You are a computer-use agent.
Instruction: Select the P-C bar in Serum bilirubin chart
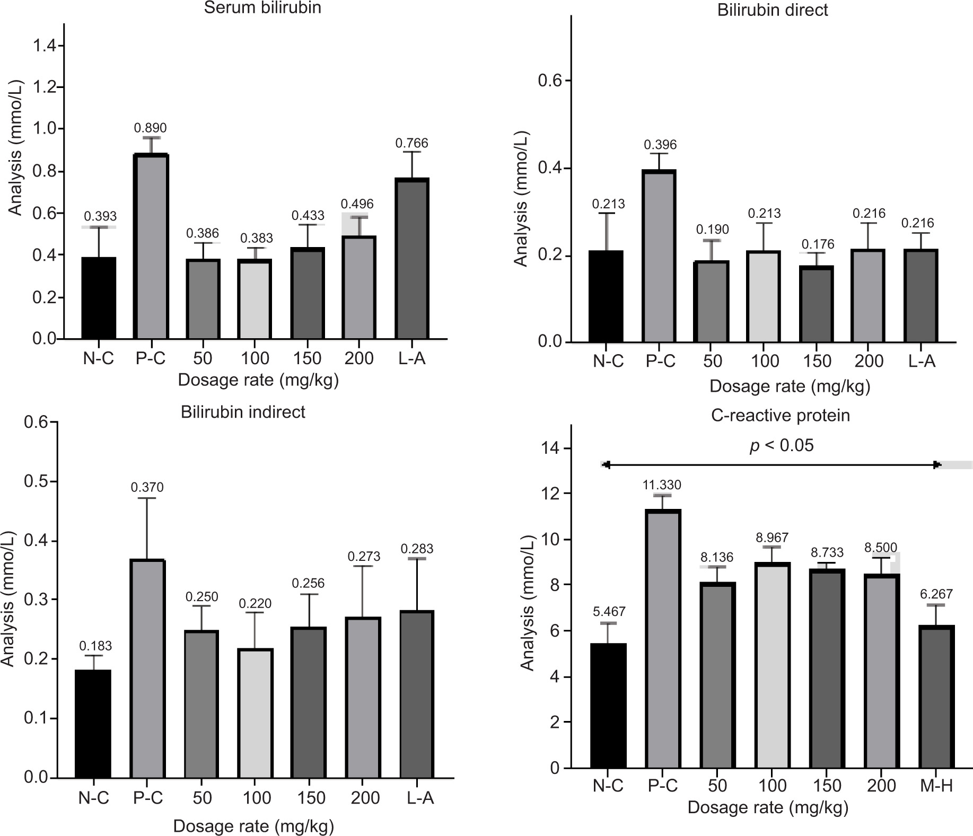[x=151, y=247]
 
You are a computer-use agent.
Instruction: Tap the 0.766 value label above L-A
[x=411, y=143]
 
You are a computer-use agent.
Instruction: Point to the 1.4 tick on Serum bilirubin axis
[x=44, y=46]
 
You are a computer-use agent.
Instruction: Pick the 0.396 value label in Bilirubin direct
[x=660, y=145]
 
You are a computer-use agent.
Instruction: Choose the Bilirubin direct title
[x=773, y=10]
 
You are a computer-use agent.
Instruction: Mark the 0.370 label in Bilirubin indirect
[x=147, y=487]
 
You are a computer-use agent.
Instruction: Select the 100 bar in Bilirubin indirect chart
[x=255, y=713]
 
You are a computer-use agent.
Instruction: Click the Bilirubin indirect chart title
[x=243, y=412]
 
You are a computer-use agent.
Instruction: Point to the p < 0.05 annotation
[x=781, y=446]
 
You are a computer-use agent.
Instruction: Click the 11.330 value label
[x=662, y=485]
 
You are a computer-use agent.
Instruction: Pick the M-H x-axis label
[x=936, y=785]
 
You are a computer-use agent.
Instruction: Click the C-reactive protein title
[x=780, y=416]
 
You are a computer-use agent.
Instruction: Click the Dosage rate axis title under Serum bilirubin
[x=258, y=380]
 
